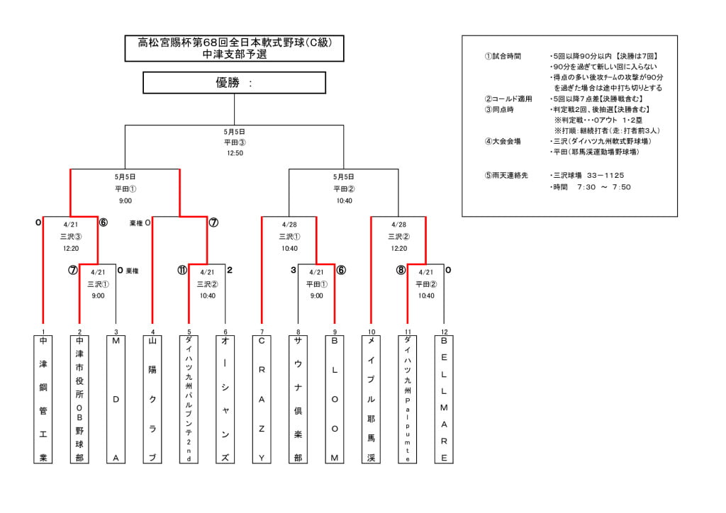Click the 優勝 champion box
click(x=235, y=83)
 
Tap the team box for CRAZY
click(x=262, y=399)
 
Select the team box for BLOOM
click(x=335, y=399)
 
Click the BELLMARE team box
click(x=444, y=399)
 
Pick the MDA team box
click(x=116, y=399)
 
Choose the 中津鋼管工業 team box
click(x=43, y=399)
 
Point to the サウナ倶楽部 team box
click(x=298, y=399)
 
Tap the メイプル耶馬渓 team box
click(x=371, y=399)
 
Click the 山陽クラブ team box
click(x=152, y=399)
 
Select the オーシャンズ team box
click(x=225, y=399)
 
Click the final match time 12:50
click(x=235, y=152)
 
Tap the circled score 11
click(x=182, y=270)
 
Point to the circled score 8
click(x=401, y=270)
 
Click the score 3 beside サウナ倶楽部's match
click(x=293, y=270)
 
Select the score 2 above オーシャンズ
click(x=230, y=270)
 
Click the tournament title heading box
click(x=235, y=48)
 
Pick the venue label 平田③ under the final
click(x=235, y=142)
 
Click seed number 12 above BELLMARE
click(x=444, y=332)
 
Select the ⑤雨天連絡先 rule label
click(x=506, y=175)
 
